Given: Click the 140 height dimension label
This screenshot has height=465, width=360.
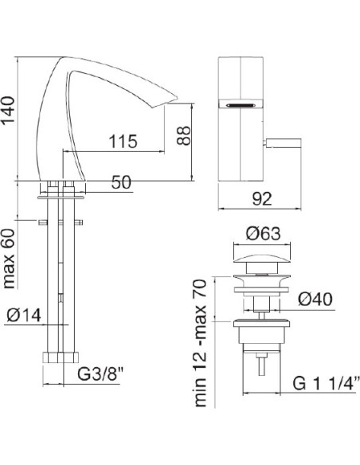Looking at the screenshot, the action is (9, 111).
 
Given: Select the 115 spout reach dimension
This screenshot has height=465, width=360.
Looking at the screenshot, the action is (123, 142).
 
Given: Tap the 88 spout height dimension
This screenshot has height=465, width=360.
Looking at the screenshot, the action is (183, 135).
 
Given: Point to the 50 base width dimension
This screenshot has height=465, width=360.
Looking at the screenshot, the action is (121, 182).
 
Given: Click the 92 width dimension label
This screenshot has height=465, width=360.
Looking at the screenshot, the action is (262, 199).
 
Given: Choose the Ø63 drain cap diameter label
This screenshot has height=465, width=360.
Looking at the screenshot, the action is (264, 233).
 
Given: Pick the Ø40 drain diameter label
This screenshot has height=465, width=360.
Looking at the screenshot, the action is (315, 299).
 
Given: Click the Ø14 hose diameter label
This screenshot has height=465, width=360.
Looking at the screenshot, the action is (24, 315).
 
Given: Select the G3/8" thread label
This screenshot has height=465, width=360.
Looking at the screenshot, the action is (100, 374).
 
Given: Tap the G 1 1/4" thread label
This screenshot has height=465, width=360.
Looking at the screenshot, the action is (327, 384).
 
